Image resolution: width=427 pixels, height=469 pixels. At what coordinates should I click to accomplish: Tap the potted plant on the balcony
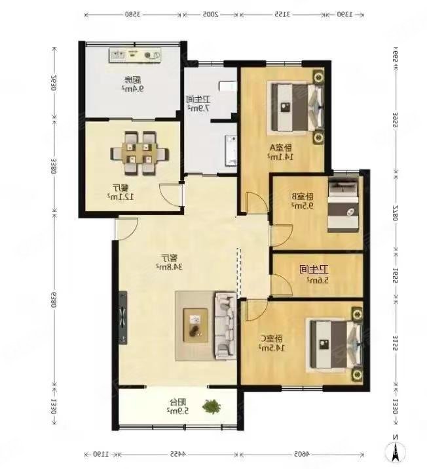click(211, 407)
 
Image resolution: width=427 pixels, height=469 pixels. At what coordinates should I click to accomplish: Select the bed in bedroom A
click(298, 106)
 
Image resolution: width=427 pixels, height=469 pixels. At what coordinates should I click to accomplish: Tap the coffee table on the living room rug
click(195, 324)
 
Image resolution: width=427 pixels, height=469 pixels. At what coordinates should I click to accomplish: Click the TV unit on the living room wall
click(122, 320)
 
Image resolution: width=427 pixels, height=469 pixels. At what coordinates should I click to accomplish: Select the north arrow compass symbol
click(396, 450)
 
